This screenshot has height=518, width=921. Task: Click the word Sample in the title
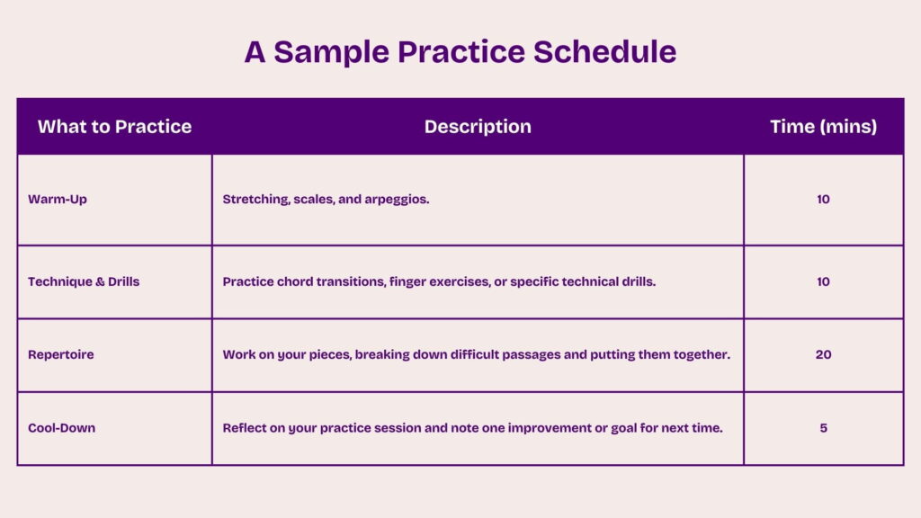pyautogui.click(x=330, y=52)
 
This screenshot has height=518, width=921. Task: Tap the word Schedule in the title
pyautogui.click(x=604, y=52)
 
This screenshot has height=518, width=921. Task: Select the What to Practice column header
pyautogui.click(x=114, y=127)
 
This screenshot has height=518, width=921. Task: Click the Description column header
pyautogui.click(x=478, y=127)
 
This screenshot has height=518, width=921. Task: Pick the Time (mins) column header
pyautogui.click(x=823, y=127)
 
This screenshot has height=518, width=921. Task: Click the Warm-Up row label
pyautogui.click(x=58, y=200)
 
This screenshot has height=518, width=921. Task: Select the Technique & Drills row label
pyautogui.click(x=84, y=281)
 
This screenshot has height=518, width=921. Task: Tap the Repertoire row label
pyautogui.click(x=60, y=355)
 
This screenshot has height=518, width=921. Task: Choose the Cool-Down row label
pyautogui.click(x=61, y=428)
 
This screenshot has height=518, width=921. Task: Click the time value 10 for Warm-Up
pyautogui.click(x=823, y=200)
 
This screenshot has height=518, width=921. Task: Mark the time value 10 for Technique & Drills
pyautogui.click(x=823, y=281)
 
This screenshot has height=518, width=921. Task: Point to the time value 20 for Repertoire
pyautogui.click(x=823, y=355)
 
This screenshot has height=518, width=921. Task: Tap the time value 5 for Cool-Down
pyautogui.click(x=823, y=428)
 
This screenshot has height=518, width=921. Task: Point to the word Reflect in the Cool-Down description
pyautogui.click(x=246, y=428)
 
